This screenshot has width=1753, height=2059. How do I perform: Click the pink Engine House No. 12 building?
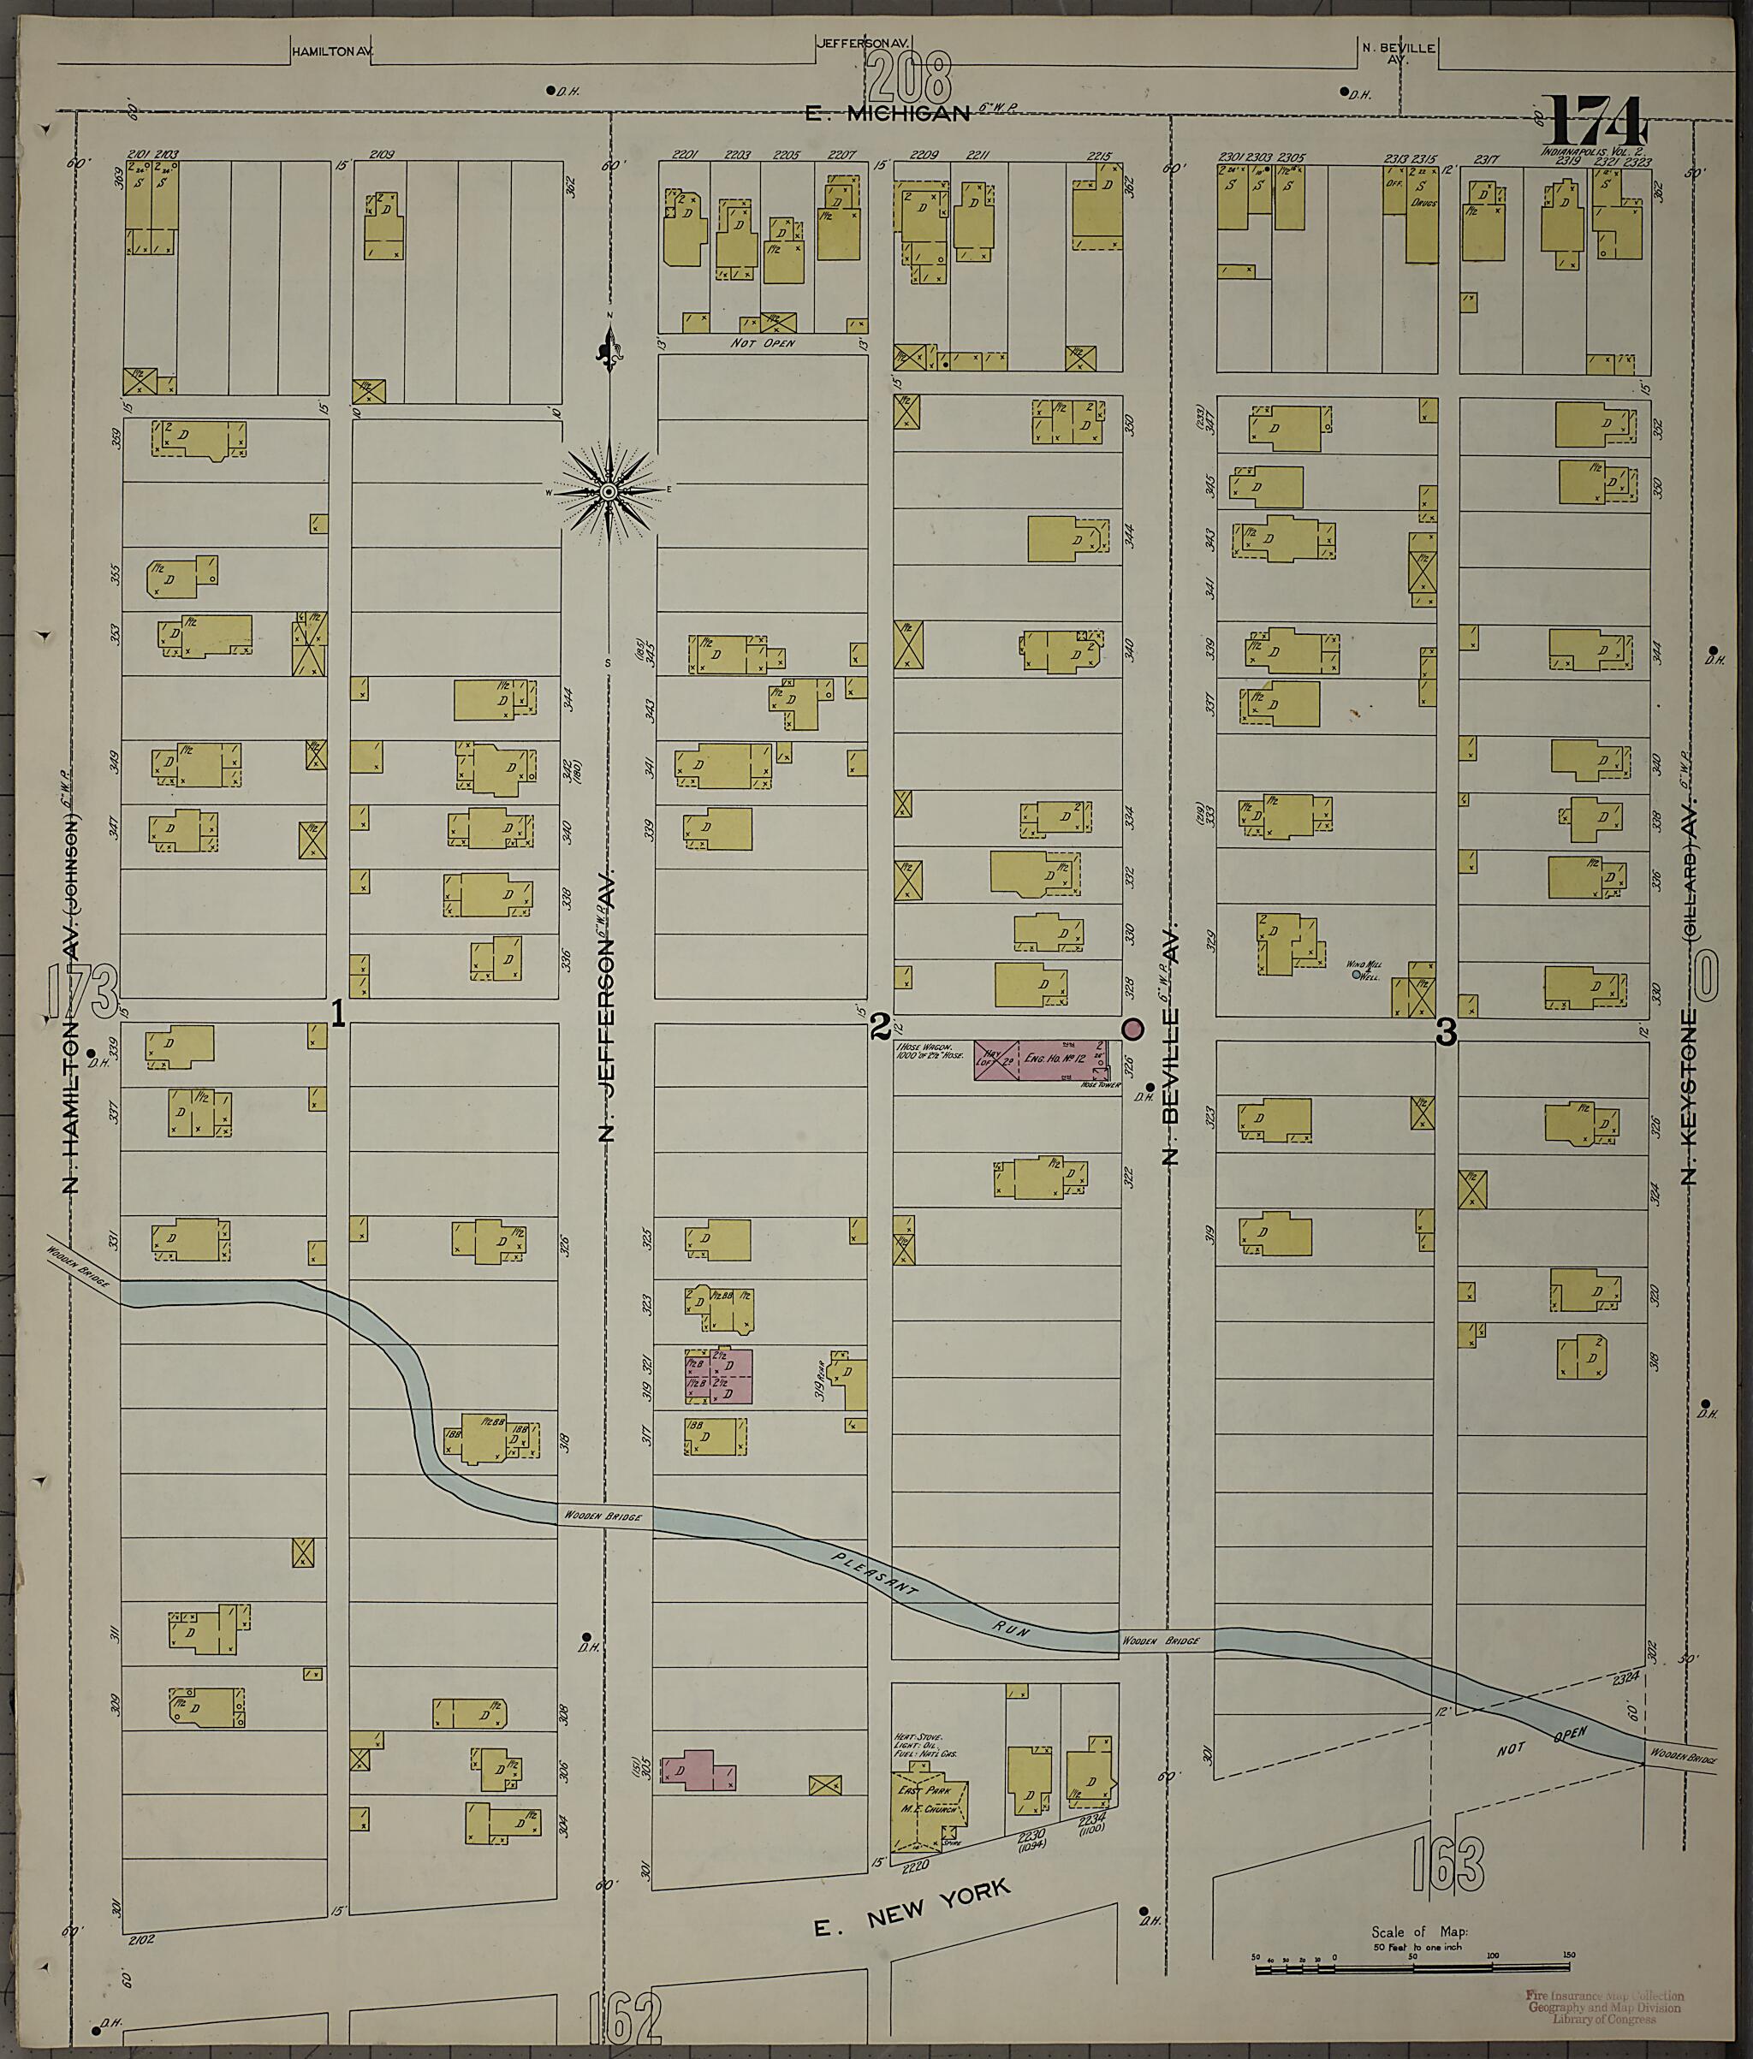[x=1042, y=1060]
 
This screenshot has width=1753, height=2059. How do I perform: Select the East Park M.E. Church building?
[x=930, y=1800]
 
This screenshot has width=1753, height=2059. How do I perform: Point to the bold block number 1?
[x=338, y=1013]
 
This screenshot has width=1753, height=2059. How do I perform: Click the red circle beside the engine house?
[x=1132, y=1029]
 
